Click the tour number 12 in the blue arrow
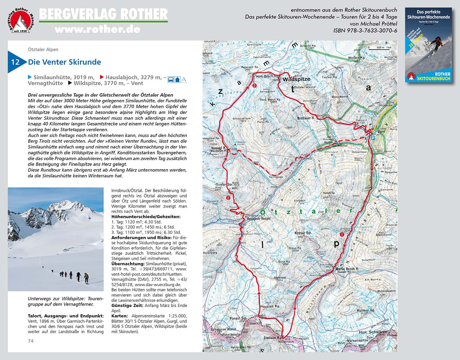15,62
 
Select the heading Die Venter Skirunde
64,62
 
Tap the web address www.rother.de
98,30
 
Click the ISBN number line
365,31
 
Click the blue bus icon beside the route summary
171,79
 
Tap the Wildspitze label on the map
296,79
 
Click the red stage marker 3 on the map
255,85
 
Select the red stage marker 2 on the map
228,198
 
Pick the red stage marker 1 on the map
342,235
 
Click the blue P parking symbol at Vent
373,139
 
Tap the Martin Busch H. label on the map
347,269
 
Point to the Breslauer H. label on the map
306,118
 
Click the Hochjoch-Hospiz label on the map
259,218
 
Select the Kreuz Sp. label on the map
303,233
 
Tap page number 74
31,341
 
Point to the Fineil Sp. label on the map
238,318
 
